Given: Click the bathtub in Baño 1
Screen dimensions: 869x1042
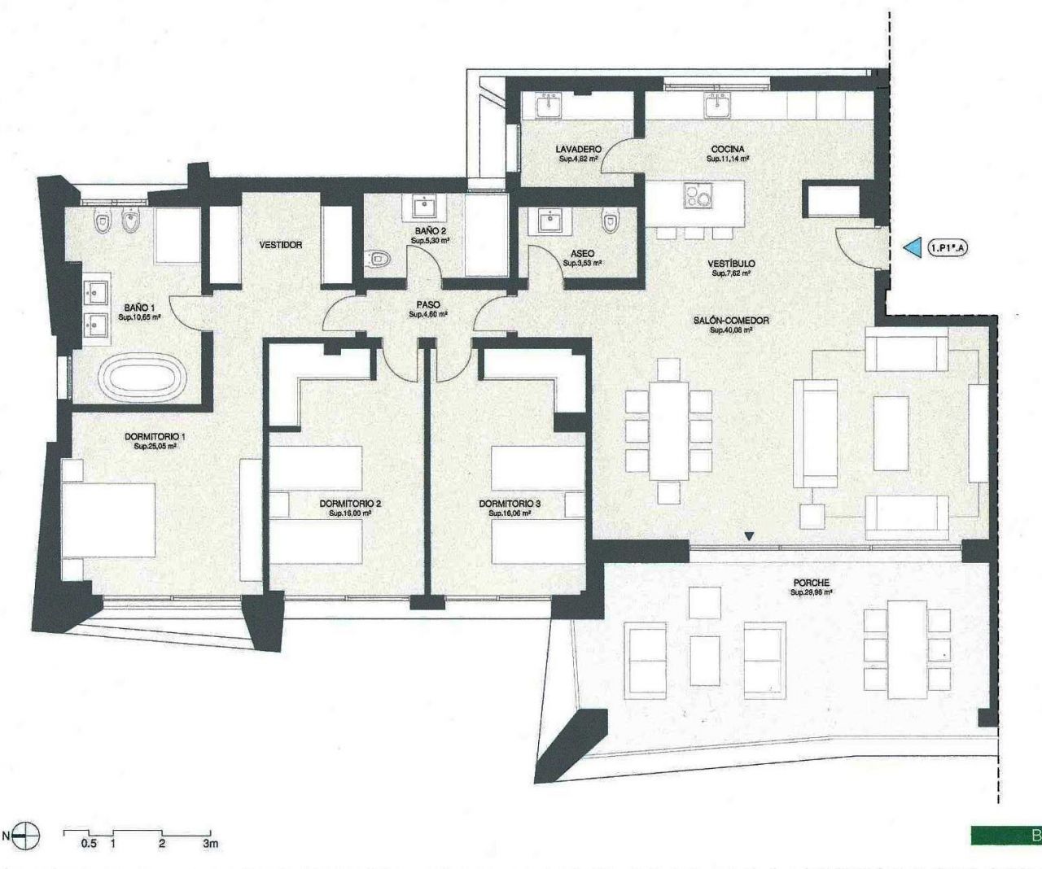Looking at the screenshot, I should [x=141, y=380].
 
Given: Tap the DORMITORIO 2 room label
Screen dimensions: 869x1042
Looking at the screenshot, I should [x=350, y=504].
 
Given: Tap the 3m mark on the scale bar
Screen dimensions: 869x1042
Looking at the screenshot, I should [x=210, y=844].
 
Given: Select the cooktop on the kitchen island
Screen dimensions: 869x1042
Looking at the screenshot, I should [x=696, y=198].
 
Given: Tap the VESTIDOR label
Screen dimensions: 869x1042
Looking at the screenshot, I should [x=281, y=245].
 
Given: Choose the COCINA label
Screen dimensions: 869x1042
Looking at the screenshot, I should [x=727, y=150].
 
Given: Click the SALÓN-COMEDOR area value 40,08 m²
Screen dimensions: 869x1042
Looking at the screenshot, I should [x=730, y=330].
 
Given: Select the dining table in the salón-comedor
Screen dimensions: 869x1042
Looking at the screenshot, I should [x=668, y=431].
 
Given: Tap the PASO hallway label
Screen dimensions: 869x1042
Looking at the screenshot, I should [x=428, y=305].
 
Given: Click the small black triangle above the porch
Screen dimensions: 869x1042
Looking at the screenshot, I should [x=750, y=535].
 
